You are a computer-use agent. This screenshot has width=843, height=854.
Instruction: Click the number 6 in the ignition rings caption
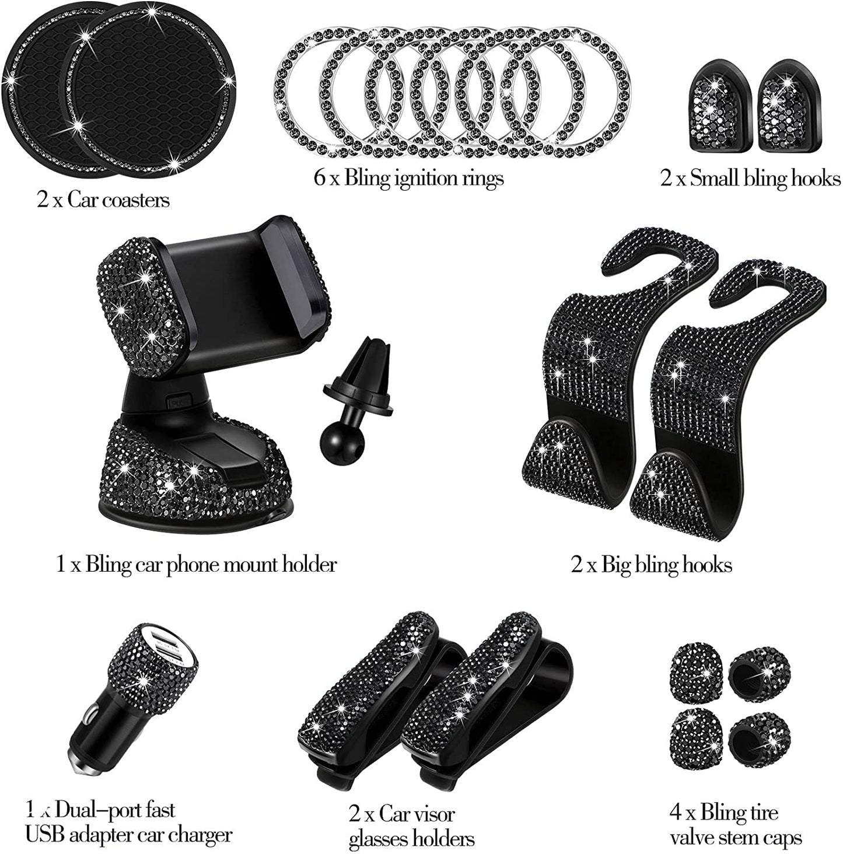pos(319,178)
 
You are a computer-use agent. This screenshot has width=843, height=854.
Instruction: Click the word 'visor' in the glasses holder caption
pos(433,814)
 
